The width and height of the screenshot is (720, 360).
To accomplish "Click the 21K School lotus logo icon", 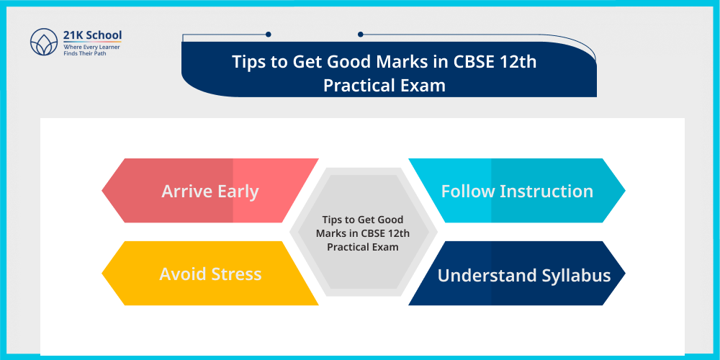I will pyautogui.click(x=44, y=42).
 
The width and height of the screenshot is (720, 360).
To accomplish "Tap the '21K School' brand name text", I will pyautogui.click(x=92, y=35).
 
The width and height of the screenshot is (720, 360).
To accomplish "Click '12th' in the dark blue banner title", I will pyautogui.click(x=518, y=61).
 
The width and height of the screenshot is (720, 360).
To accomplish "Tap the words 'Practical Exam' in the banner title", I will pyautogui.click(x=384, y=85).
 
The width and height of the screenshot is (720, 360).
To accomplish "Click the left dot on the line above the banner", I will pyautogui.click(x=268, y=34).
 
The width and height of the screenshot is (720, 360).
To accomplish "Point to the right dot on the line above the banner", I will pyautogui.click(x=360, y=34).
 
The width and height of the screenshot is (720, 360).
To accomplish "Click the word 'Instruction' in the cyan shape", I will pyautogui.click(x=546, y=192).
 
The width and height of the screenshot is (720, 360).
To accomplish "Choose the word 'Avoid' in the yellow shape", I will pyautogui.click(x=184, y=274).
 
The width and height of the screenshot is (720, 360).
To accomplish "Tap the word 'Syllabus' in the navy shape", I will pyautogui.click(x=577, y=275).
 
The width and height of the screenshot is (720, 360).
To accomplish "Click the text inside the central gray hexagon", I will pyautogui.click(x=363, y=233).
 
